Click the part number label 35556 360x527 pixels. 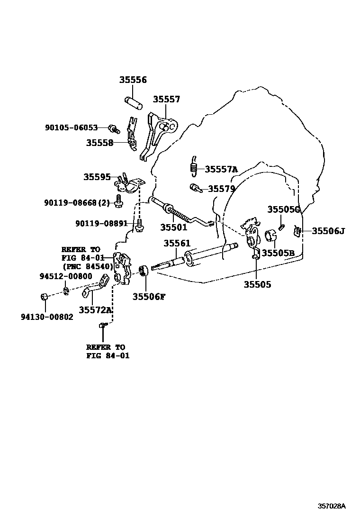133,80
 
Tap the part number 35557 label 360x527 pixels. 166,100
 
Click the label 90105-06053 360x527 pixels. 71,127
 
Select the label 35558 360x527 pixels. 99,142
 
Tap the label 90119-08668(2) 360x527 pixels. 77,203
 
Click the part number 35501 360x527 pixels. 173,227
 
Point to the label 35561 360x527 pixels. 177,244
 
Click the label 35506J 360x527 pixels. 328,231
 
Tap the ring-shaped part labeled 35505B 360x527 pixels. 270,235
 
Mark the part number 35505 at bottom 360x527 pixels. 257,284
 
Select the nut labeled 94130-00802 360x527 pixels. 43,297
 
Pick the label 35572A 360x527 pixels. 95,310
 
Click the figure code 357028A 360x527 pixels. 331,506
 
